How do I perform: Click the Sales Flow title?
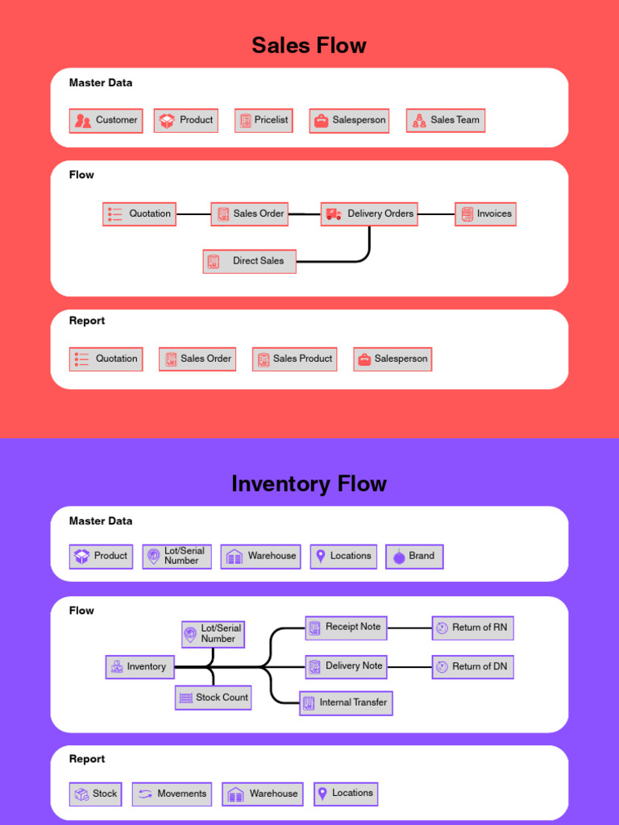pyautogui.click(x=309, y=45)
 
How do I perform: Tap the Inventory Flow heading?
pyautogui.click(x=309, y=483)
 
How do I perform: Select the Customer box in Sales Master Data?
pyautogui.click(x=106, y=121)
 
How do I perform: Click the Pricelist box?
pyautogui.click(x=264, y=121)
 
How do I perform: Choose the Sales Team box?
pyautogui.click(x=446, y=121)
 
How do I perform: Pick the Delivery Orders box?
pyautogui.click(x=369, y=214)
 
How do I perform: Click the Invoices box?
pyautogui.click(x=485, y=214)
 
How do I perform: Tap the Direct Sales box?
pyautogui.click(x=249, y=261)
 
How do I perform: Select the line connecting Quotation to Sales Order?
pyautogui.click(x=193, y=214)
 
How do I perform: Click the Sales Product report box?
pyautogui.click(x=294, y=359)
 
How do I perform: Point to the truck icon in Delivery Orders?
pyautogui.click(x=334, y=214)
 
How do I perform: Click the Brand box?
pyautogui.click(x=414, y=557)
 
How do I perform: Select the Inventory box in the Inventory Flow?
pyautogui.click(x=140, y=667)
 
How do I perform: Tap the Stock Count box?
pyautogui.click(x=213, y=698)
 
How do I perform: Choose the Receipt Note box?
pyautogui.click(x=346, y=628)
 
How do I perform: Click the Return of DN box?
pyautogui.click(x=472, y=667)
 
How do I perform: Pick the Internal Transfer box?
pyautogui.click(x=346, y=703)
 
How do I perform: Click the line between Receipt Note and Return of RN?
pyautogui.click(x=409, y=628)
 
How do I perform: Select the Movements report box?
pyautogui.click(x=172, y=794)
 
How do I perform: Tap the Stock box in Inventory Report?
pyautogui.click(x=95, y=794)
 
